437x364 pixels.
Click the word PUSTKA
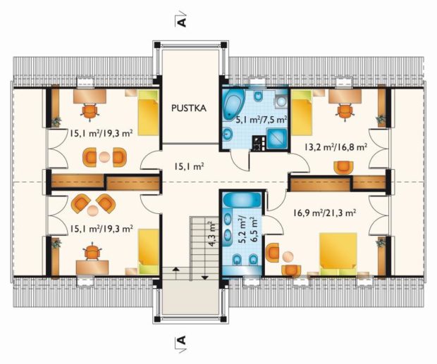[189, 108]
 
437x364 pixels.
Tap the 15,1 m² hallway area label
[189, 167]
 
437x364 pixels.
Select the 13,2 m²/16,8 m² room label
[335, 147]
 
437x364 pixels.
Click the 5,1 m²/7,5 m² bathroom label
[261, 120]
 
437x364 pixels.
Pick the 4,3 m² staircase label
[213, 234]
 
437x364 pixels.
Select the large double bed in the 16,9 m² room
[338, 254]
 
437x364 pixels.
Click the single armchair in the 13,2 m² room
[343, 168]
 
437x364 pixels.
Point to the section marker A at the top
[181, 20]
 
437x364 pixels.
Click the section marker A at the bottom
[181, 342]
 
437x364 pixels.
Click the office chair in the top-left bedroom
[90, 112]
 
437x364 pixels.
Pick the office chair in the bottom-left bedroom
[92, 251]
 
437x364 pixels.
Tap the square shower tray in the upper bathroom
[277, 139]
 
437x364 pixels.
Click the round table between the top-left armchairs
[104, 157]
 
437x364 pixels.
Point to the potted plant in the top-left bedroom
[56, 121]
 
